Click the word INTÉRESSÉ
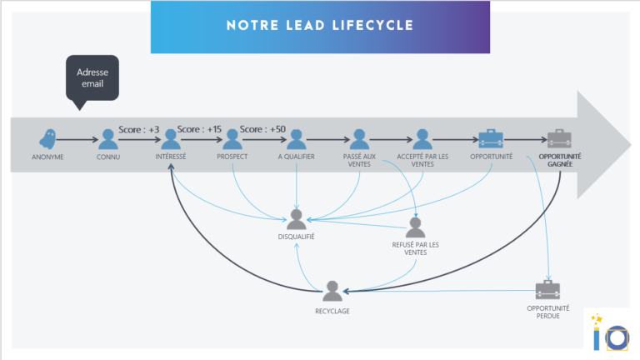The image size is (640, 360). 171,157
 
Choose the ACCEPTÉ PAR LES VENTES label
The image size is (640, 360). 422,160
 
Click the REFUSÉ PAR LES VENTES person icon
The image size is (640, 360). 414,227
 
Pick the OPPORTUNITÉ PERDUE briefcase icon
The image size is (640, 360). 548,290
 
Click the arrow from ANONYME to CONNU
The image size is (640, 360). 79,140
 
